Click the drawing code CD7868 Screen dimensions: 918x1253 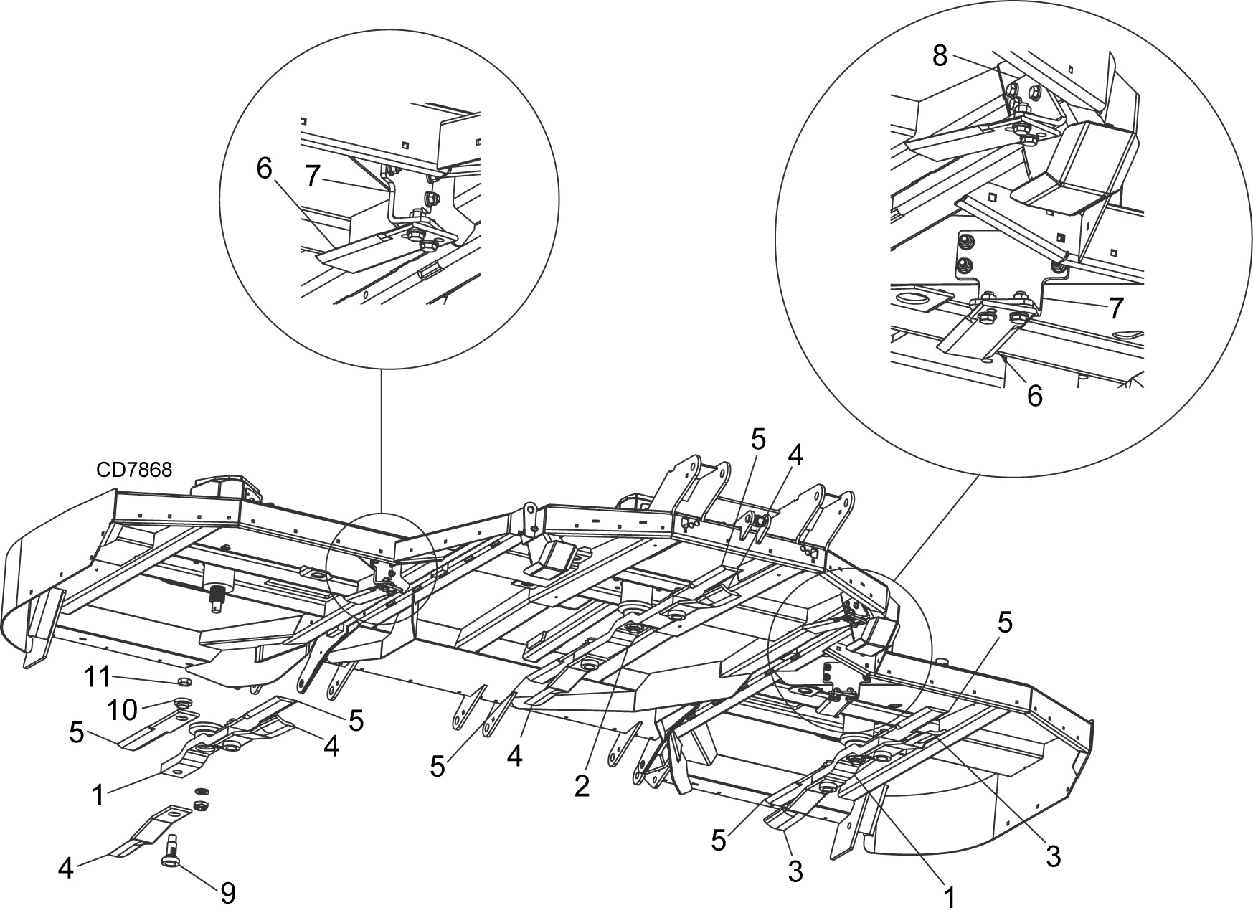point(133,470)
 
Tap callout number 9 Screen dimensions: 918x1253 point(227,893)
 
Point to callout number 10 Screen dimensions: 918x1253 point(123,709)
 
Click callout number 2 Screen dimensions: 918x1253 point(581,786)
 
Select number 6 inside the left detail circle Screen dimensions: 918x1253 point(264,169)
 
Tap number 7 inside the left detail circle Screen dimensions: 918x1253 point(312,176)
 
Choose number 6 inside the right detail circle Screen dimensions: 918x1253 point(1034,395)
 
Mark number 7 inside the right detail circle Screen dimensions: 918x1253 point(1115,308)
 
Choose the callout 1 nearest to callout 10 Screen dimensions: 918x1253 point(98,793)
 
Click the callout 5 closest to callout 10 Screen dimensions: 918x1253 point(78,732)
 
